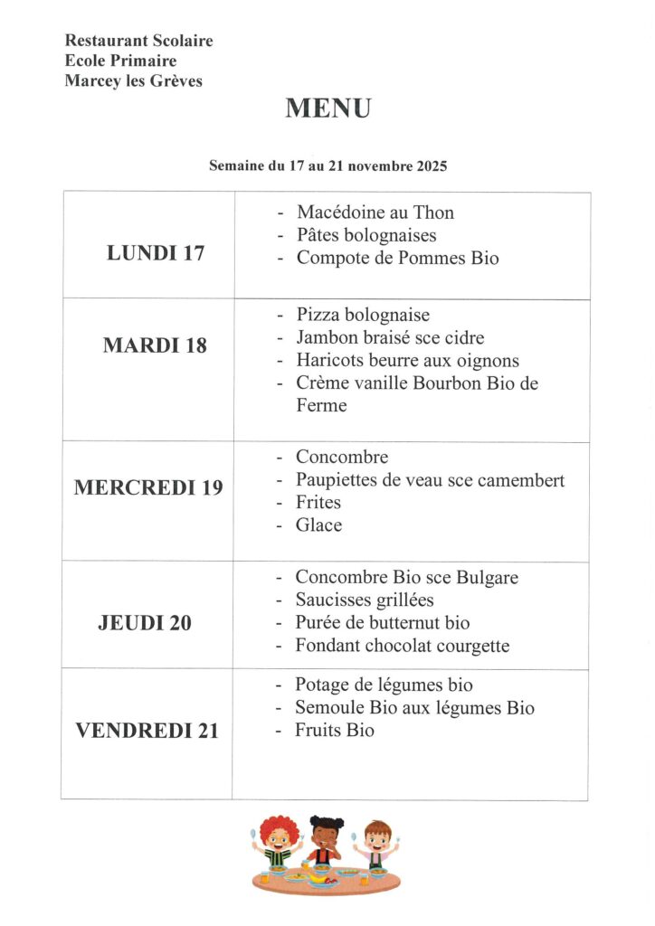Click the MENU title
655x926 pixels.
[x=327, y=109]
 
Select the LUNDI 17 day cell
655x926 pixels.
[x=156, y=253]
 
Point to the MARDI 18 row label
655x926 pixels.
[x=155, y=345]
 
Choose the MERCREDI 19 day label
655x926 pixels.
[x=147, y=487]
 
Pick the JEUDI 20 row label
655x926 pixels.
[x=145, y=623]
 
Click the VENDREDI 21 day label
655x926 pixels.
[x=147, y=732]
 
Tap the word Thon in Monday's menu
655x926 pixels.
[x=433, y=213]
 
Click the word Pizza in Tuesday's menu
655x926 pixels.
[x=316, y=315]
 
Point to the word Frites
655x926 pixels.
[x=318, y=503]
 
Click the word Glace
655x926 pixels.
[x=318, y=525]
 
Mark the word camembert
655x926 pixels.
[x=518, y=480]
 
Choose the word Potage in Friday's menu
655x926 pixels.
[x=323, y=685]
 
